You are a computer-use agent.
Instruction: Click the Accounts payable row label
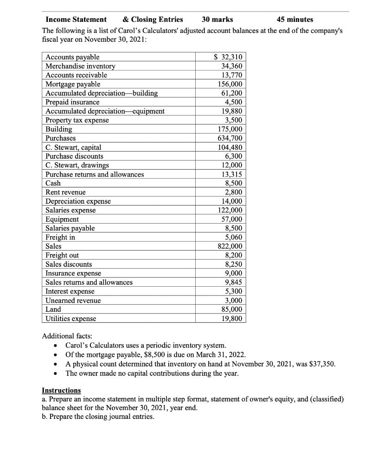72,57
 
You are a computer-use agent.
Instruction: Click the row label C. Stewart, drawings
77,166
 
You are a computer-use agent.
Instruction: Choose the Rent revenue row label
65,192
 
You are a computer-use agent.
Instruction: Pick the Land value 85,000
230,309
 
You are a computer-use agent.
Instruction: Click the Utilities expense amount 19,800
230,318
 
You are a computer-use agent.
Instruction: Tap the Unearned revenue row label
73,301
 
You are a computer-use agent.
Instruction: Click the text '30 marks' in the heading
217,19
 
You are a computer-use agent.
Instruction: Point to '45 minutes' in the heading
294,19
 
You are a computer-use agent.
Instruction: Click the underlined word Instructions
61,390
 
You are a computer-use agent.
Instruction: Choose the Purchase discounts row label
74,156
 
